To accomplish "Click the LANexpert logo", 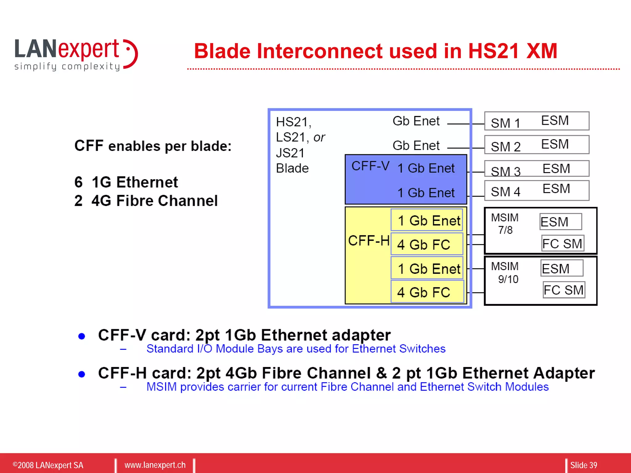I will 75,55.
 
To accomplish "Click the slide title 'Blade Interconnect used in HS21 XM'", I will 375,51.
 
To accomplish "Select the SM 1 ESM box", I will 536,121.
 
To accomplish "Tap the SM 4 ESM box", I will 536,191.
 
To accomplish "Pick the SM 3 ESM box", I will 536,168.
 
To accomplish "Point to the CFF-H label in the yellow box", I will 368,241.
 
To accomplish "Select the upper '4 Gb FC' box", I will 426,244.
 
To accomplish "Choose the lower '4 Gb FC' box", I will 427,292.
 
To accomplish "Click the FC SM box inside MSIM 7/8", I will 562,244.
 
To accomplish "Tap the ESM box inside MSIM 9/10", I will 562,268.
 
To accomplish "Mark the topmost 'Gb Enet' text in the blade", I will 416,121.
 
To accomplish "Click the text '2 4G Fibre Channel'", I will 146,201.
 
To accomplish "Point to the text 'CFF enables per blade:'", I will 153,146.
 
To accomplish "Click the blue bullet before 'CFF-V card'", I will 82,336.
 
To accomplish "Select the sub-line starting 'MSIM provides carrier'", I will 347,387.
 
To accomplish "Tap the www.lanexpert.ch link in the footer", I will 155,465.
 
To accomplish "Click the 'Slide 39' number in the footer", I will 583,465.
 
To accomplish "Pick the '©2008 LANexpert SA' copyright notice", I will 48,465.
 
